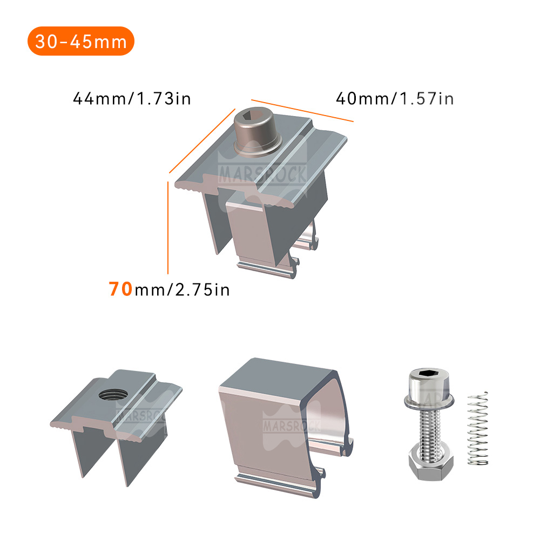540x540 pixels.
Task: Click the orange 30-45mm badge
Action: (x=80, y=41)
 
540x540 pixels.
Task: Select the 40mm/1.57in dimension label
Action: (x=395, y=99)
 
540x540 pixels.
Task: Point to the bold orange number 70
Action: (x=120, y=289)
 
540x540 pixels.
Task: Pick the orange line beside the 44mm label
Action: (x=202, y=141)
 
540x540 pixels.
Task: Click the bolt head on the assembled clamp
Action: (x=258, y=129)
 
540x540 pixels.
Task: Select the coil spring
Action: (x=477, y=429)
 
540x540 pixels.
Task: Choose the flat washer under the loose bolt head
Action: (x=428, y=402)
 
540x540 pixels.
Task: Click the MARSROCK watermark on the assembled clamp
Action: (x=263, y=174)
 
